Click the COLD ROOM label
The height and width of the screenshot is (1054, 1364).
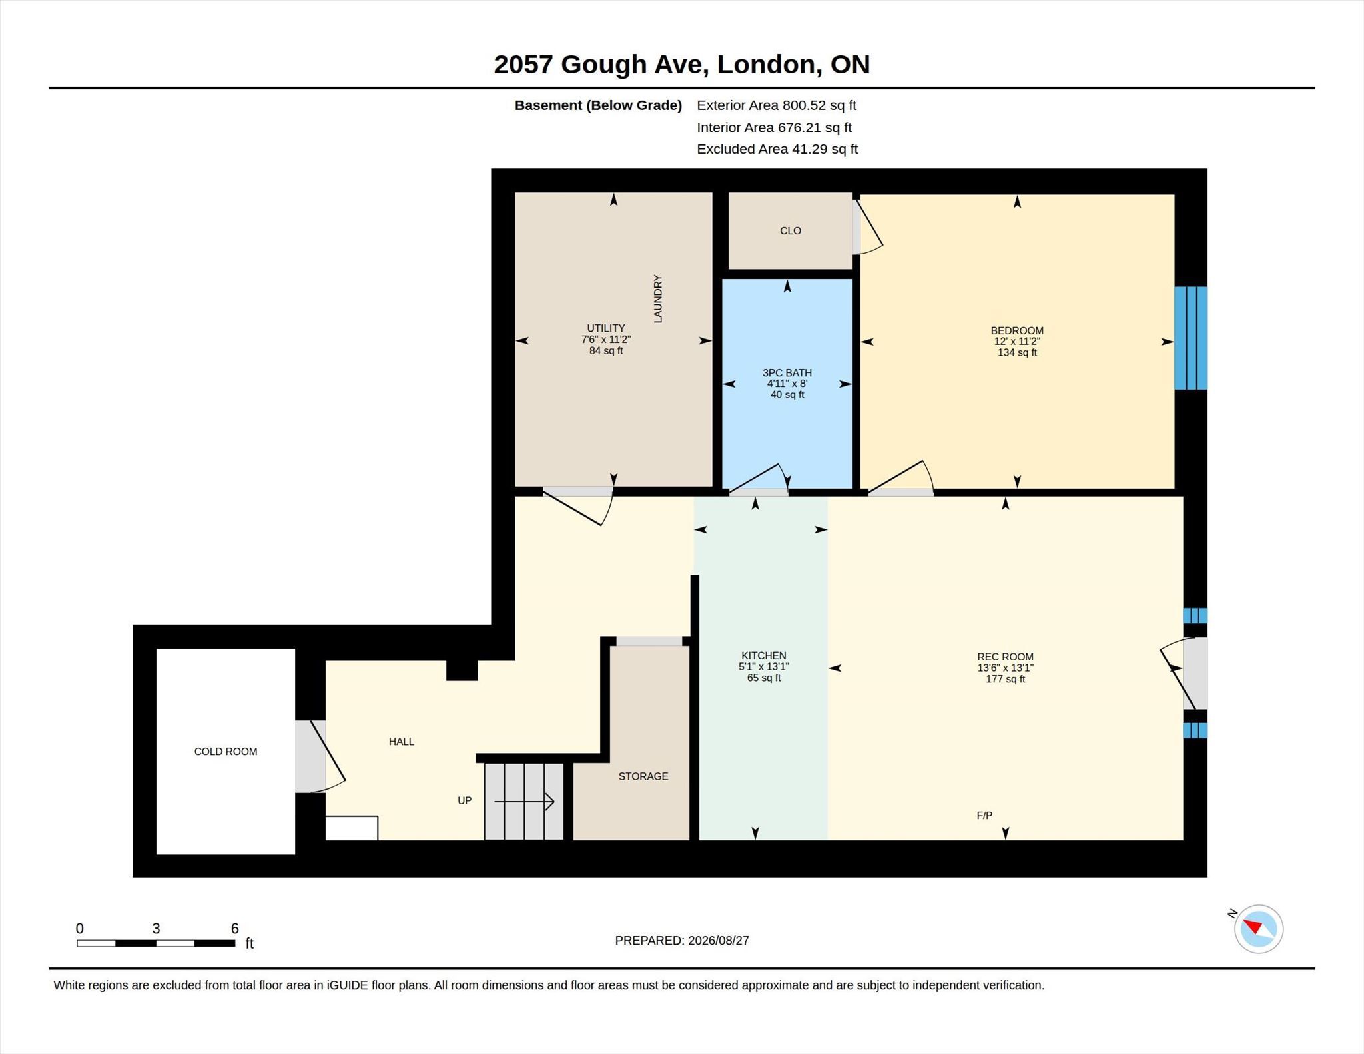(225, 751)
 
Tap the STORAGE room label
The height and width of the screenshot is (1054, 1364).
(643, 776)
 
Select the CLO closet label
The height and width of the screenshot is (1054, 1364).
(791, 230)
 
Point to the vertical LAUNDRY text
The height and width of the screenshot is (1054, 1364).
(658, 298)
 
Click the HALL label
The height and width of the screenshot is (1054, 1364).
(402, 741)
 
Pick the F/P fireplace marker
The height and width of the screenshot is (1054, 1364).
(984, 815)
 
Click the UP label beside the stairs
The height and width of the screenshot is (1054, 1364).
(464, 800)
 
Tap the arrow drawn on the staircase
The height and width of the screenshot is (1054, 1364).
(524, 802)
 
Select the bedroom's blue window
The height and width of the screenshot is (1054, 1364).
(1191, 338)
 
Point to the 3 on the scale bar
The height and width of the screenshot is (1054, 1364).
(156, 928)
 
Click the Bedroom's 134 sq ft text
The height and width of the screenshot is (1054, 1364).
(1017, 352)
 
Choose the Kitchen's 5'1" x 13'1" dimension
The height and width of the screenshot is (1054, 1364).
(763, 666)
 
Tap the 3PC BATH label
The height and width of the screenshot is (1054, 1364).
(787, 372)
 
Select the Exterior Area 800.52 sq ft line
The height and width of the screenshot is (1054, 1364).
(777, 105)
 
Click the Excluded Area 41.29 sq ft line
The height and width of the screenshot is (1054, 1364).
(777, 149)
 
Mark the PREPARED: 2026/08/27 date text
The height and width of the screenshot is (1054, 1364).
(682, 940)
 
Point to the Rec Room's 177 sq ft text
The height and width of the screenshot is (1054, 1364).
(1005, 679)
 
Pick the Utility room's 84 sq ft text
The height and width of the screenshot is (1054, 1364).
(606, 350)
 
